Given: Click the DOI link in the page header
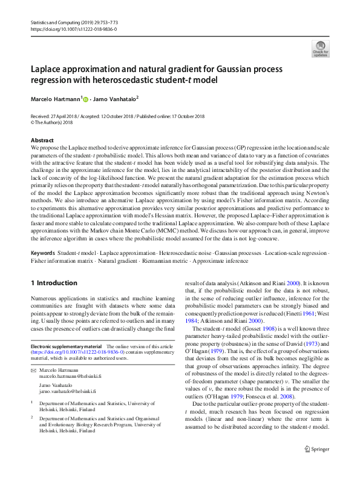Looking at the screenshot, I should tap(74, 28).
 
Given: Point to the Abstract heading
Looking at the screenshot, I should tap(42, 140).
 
